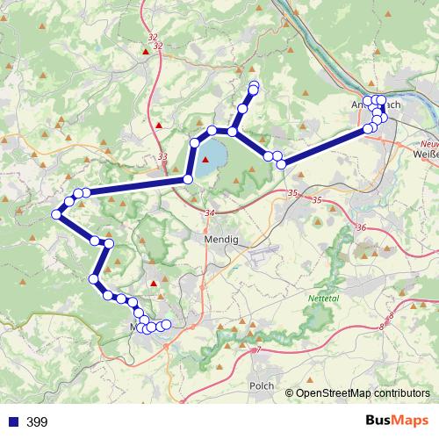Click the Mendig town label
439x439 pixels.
pyautogui.click(x=214, y=238)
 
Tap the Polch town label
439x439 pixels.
pyautogui.click(x=262, y=385)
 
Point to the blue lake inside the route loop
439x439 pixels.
pyautogui.click(x=211, y=155)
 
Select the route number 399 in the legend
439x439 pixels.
pyautogui.click(x=37, y=422)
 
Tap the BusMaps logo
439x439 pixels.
pyautogui.click(x=395, y=421)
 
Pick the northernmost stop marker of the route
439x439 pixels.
pyautogui.click(x=255, y=85)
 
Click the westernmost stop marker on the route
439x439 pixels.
pyautogui.click(x=56, y=213)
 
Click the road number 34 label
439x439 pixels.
pyautogui.click(x=208, y=213)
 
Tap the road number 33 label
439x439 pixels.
pyautogui.click(x=162, y=157)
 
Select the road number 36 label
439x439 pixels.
pyautogui.click(x=361, y=227)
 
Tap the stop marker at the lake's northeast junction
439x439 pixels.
pyautogui.click(x=232, y=131)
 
